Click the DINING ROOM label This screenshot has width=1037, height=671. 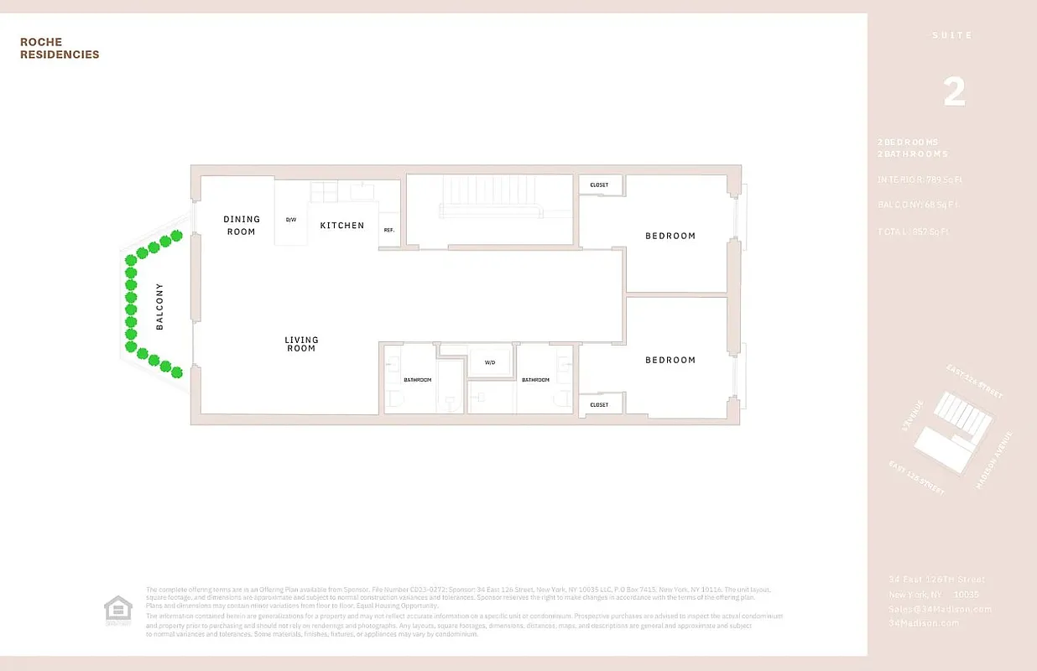(241, 225)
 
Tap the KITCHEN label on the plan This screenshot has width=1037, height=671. (342, 225)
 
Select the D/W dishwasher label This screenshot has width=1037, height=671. (291, 220)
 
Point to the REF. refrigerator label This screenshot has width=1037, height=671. (389, 230)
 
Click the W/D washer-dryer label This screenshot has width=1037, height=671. (490, 363)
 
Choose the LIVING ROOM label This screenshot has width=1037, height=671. (301, 344)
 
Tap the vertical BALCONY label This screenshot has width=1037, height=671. (159, 305)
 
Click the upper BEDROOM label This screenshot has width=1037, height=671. (670, 236)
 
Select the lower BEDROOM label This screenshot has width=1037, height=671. (670, 360)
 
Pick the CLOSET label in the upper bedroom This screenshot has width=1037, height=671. (599, 185)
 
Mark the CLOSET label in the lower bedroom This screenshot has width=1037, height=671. (599, 405)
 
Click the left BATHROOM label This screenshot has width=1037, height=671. (417, 380)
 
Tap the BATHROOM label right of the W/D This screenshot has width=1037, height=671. (535, 380)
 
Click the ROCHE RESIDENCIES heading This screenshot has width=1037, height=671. (60, 49)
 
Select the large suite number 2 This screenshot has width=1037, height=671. (954, 92)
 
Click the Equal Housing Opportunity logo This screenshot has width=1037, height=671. (117, 610)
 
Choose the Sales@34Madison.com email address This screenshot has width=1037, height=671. (941, 609)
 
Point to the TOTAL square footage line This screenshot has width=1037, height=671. (914, 231)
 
